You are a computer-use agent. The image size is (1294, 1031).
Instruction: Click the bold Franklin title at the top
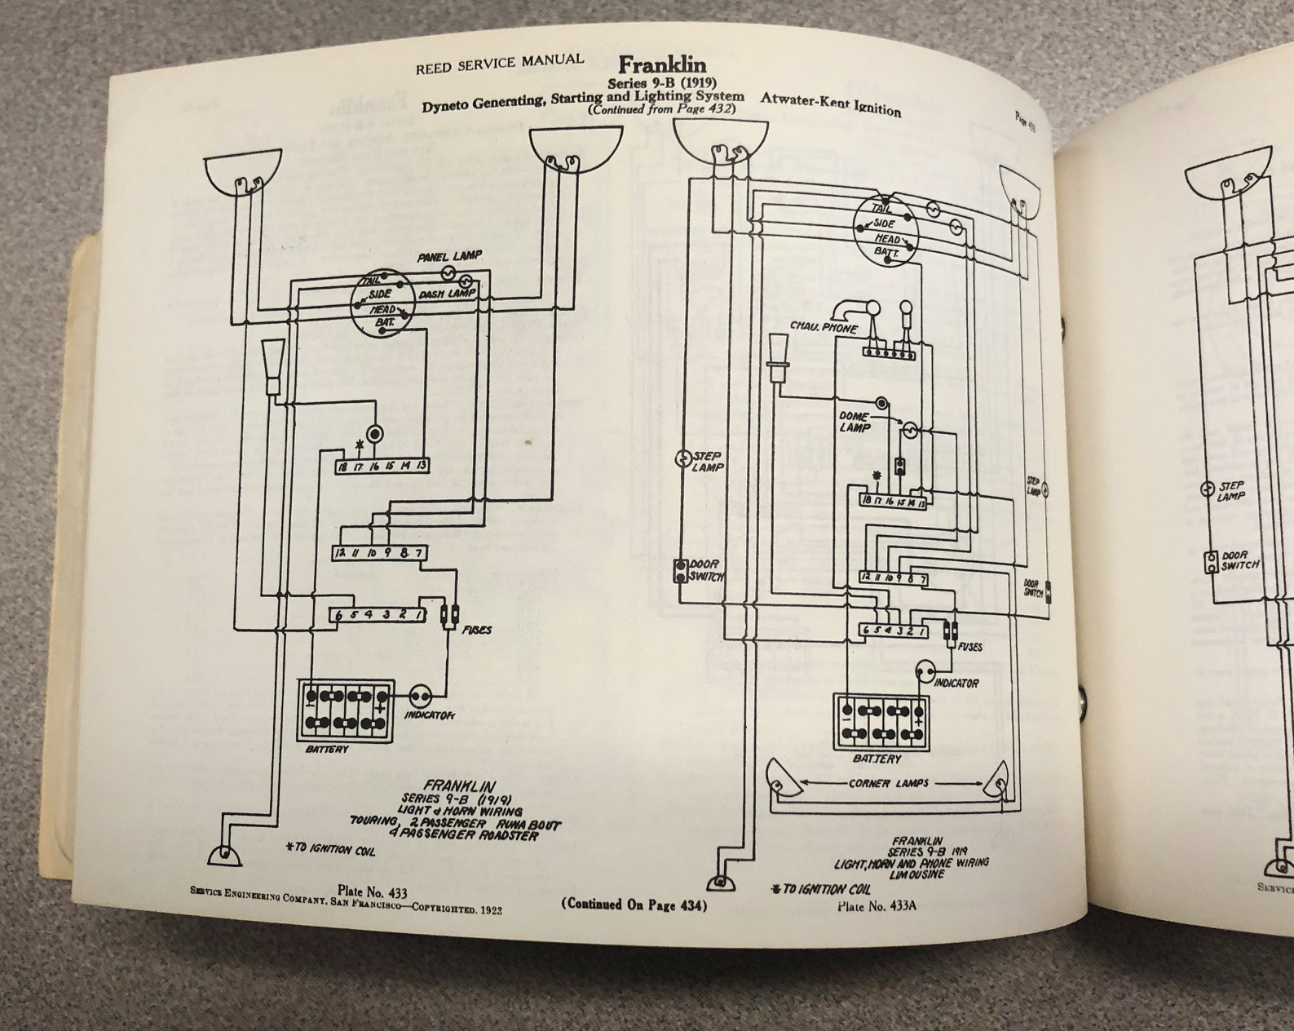(662, 64)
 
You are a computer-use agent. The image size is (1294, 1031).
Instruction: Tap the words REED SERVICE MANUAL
(499, 64)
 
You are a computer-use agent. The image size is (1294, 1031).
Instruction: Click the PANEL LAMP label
(449, 258)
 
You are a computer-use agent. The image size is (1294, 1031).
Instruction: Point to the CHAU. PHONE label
(824, 327)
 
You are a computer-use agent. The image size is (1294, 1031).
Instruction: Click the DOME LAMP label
(855, 422)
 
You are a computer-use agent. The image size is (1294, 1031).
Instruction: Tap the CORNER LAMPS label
(889, 783)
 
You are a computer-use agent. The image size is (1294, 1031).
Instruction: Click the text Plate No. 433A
(877, 905)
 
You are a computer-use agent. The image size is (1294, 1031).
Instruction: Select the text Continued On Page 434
(634, 905)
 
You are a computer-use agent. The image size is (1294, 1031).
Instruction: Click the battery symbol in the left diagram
(345, 709)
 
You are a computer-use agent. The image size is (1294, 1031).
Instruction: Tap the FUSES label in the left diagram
(476, 630)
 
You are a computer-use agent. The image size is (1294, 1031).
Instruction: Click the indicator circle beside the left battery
(420, 697)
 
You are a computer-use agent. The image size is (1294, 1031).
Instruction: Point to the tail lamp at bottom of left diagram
(223, 855)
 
